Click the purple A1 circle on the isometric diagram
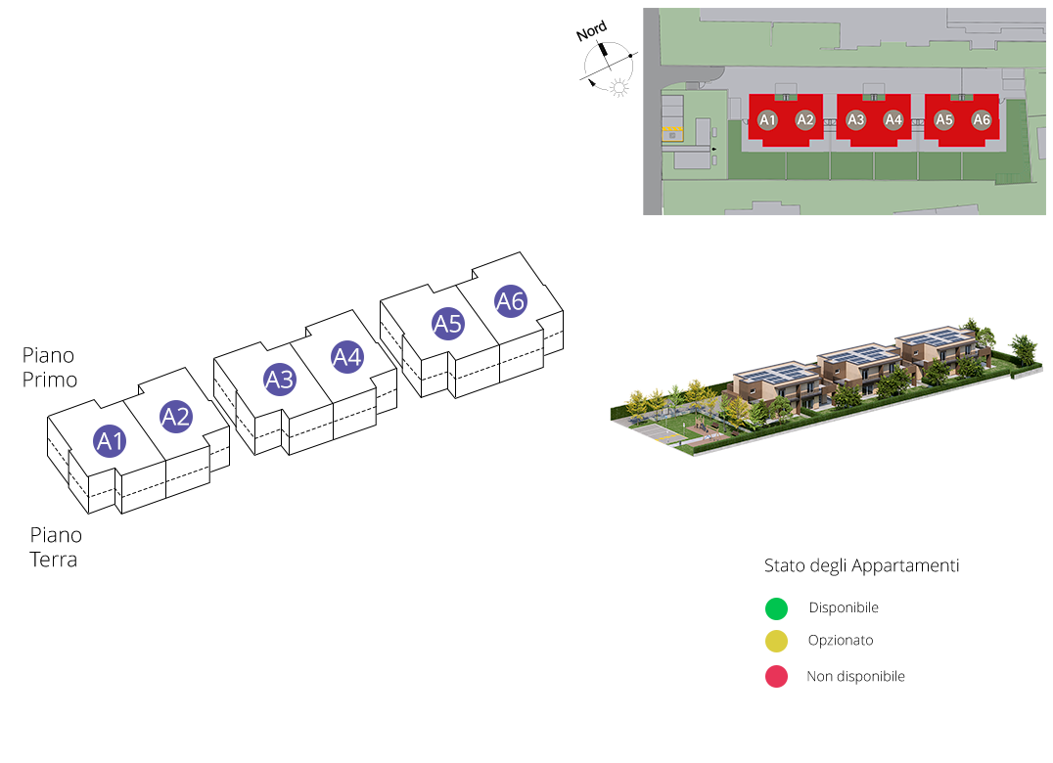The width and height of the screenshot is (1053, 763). [111, 441]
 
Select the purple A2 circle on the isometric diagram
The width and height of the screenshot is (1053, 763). [175, 417]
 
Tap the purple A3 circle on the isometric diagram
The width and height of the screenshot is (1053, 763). [280, 379]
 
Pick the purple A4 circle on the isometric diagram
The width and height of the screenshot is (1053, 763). [347, 357]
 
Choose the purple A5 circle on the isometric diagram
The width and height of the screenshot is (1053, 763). [447, 323]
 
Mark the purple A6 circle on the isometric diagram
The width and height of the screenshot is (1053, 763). [511, 301]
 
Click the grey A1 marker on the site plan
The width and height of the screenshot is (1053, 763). [768, 119]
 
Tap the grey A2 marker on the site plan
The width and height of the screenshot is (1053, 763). [805, 119]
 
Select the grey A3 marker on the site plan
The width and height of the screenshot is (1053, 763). [856, 119]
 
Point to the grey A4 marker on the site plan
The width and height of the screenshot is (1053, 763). [893, 119]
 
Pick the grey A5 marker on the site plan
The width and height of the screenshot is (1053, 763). [944, 119]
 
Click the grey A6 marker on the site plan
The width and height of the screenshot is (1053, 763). [982, 119]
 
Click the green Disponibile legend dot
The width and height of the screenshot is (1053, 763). [776, 608]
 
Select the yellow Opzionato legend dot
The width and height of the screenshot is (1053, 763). [776, 642]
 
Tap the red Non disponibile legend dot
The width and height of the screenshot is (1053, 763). [776, 676]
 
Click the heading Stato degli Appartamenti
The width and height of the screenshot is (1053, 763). [861, 566]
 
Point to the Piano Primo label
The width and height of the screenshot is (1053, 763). [49, 367]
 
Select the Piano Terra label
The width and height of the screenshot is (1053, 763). [56, 548]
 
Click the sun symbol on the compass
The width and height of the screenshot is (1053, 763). [618, 90]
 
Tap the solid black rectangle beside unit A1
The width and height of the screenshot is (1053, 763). [58, 450]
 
